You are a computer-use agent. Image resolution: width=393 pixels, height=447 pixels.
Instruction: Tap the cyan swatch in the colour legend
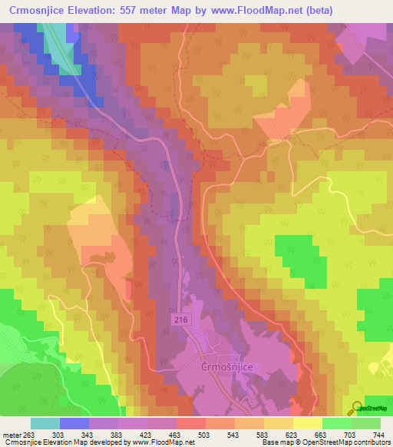[45, 423]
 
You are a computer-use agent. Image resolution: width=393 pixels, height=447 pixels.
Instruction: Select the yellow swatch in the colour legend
[307, 423]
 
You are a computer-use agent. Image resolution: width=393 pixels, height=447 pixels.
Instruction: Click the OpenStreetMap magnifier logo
[358, 407]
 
